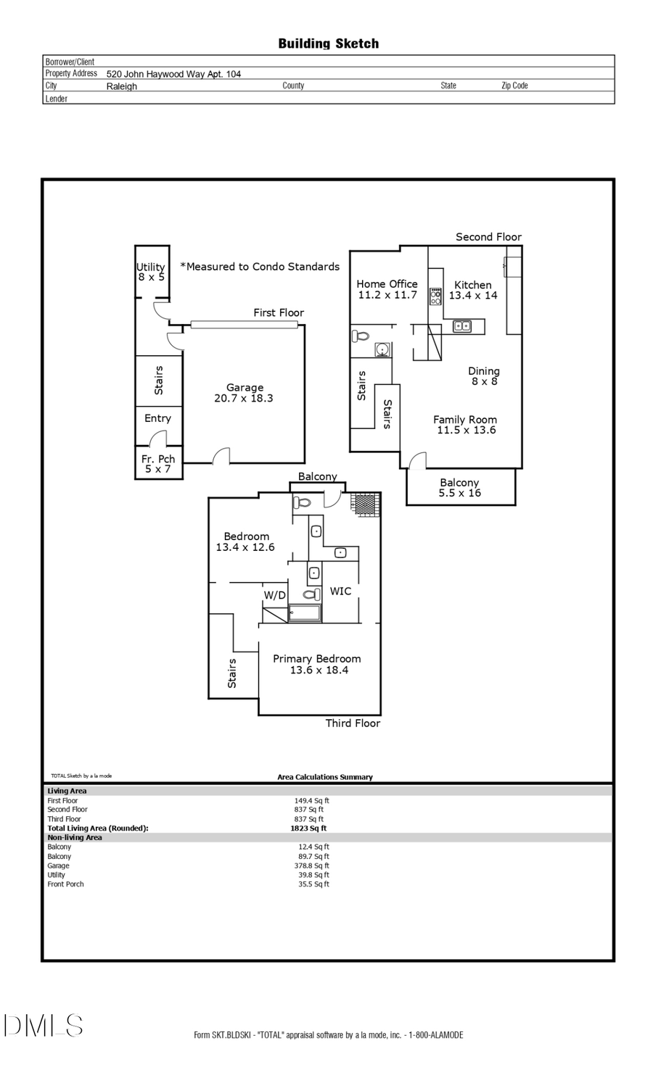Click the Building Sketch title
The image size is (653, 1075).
[328, 43]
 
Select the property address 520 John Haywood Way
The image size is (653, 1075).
[173, 74]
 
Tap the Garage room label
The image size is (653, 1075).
[244, 393]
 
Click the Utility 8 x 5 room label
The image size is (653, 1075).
[151, 272]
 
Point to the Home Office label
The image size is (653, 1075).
[387, 289]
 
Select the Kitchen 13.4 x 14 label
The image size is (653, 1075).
[473, 290]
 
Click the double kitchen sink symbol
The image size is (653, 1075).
[462, 326]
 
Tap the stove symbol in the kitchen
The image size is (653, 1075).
[435, 296]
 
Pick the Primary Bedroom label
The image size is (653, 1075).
[317, 664]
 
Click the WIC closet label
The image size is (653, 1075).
[340, 591]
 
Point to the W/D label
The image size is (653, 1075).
[274, 595]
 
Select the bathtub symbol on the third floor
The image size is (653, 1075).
[305, 613]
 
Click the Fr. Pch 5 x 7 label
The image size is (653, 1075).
[157, 464]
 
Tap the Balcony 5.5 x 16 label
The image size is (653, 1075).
[459, 487]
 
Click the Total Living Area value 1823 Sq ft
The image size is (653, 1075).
[308, 828]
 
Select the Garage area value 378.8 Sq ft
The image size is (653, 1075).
[313, 866]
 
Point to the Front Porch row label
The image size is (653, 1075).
[65, 884]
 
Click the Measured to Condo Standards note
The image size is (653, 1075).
[260, 267]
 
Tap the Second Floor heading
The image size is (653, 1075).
[488, 237]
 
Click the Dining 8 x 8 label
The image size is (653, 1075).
[483, 375]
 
